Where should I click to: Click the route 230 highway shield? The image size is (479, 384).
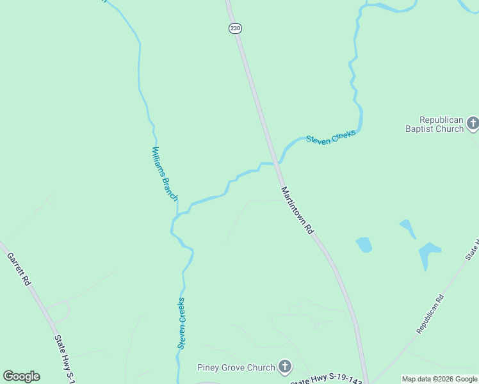coord(235,28)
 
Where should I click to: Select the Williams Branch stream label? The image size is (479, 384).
coord(164,173)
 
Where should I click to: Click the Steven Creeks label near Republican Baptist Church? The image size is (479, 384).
coord(330,136)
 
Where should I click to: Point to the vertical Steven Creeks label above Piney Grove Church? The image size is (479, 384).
coord(182,323)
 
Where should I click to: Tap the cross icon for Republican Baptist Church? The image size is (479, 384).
coord(473,123)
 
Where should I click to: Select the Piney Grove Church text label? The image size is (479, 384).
coord(236,367)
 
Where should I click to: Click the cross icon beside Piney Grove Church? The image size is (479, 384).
coord(285,367)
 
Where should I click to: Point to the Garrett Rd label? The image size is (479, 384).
coord(19,268)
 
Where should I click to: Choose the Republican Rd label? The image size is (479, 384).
coord(430,314)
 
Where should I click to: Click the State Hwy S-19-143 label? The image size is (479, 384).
coord(327,380)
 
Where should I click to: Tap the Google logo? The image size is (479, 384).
coord(21,376)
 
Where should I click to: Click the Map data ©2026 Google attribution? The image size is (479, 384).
coord(439,379)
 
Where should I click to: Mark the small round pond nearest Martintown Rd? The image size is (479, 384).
coord(364,244)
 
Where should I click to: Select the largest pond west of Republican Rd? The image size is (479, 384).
coord(428,254)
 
